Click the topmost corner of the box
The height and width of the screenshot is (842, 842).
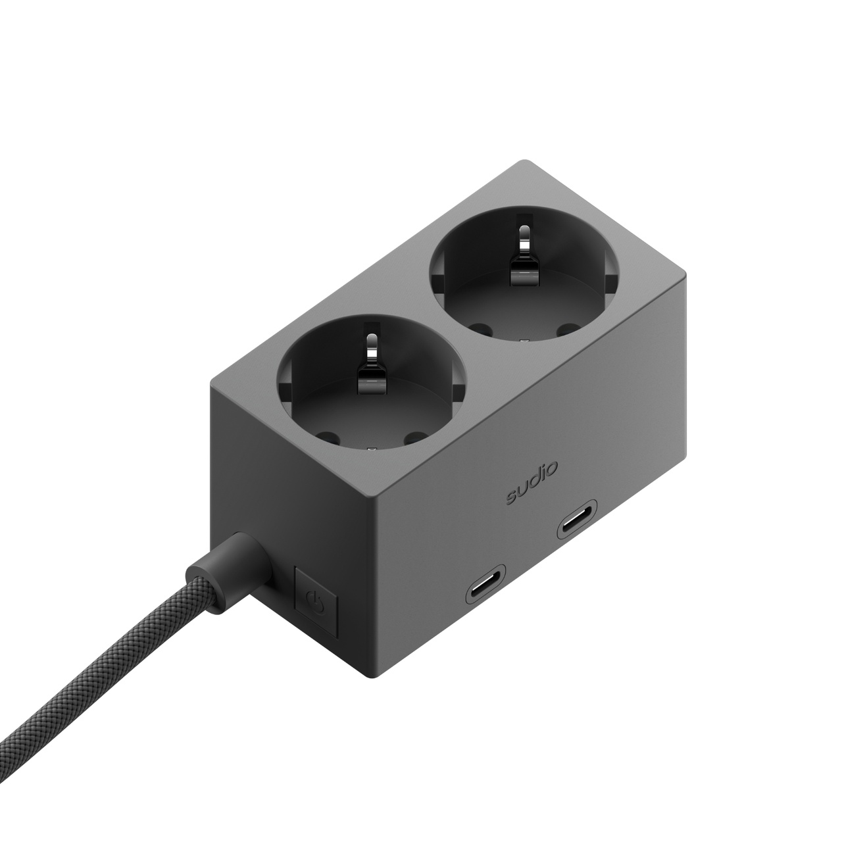(x=523, y=162)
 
